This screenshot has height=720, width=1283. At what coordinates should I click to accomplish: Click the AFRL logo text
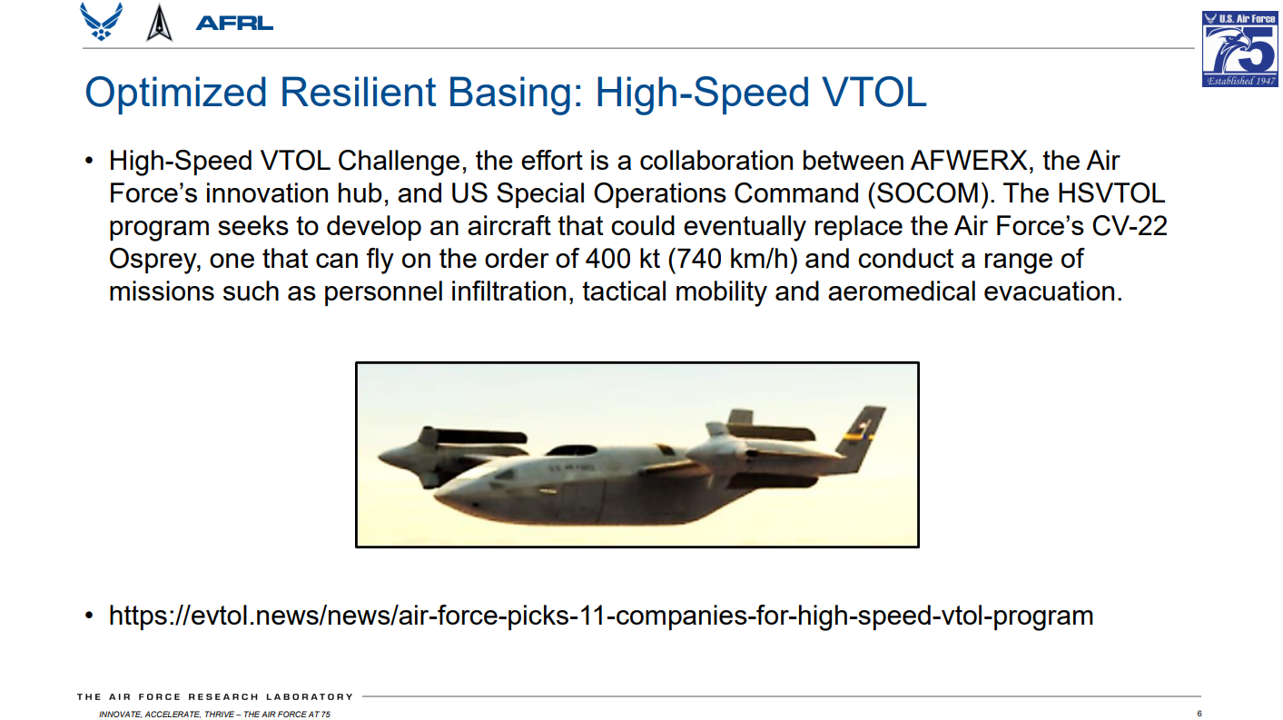coord(234,24)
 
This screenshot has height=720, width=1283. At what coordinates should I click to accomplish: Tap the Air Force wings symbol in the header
coord(102,22)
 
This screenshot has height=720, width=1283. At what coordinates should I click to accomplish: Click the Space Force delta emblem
coord(159,23)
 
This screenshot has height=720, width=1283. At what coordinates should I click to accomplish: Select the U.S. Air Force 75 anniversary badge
coord(1239,49)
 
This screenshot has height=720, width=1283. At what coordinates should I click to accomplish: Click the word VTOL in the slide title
coord(874,93)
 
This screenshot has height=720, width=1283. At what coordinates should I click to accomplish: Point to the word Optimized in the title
coord(176,94)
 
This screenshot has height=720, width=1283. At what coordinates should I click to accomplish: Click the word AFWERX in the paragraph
coord(969,161)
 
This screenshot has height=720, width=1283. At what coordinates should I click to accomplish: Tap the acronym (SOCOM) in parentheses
coord(929,193)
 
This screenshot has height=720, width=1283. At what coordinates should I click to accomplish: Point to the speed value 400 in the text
coord(608,259)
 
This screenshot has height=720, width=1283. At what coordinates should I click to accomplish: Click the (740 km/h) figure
coord(733,259)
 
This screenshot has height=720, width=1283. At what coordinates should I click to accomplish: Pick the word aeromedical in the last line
coord(902,291)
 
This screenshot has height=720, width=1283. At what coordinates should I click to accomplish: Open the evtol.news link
coord(601,616)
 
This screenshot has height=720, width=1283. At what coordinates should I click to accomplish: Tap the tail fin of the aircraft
coord(863,435)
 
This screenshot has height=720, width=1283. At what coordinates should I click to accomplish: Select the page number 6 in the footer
coord(1199,714)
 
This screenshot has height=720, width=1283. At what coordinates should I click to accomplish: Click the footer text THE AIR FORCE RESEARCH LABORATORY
coord(215,697)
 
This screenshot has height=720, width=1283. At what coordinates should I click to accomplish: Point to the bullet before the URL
coord(89,616)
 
